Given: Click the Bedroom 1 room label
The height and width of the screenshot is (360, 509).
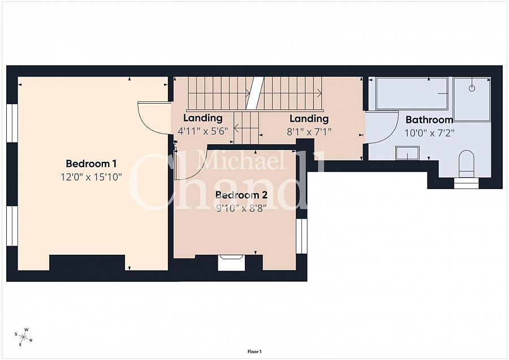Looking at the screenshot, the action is click(91, 163).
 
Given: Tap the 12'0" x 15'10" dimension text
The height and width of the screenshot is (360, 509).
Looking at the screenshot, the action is click(91, 177).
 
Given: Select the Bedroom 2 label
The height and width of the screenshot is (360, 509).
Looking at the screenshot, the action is click(241, 195).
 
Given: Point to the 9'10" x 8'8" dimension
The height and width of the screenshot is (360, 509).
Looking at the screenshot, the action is click(241, 208).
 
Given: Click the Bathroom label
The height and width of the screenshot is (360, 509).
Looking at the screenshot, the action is click(429, 119).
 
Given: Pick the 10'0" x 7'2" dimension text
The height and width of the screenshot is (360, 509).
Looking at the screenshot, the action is click(429, 133).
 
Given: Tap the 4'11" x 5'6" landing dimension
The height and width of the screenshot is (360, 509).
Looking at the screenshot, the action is click(203, 131).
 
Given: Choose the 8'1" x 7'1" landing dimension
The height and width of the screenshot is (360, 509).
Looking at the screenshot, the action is click(309, 132).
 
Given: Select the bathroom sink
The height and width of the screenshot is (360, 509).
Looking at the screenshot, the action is click(407, 153).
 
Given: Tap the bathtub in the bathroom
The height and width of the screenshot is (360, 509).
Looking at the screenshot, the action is click(412, 93).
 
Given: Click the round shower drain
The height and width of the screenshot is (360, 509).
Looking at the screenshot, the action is click(472, 88).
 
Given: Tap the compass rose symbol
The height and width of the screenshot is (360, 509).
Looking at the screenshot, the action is click(24, 337).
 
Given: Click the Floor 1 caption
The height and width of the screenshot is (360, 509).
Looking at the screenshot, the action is click(255, 352).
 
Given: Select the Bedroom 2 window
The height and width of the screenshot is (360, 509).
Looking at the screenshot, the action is click(301, 236).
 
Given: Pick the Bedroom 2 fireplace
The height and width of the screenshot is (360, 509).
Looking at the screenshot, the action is click(231, 263).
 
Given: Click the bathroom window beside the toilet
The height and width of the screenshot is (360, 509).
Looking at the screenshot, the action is click(466, 183).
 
